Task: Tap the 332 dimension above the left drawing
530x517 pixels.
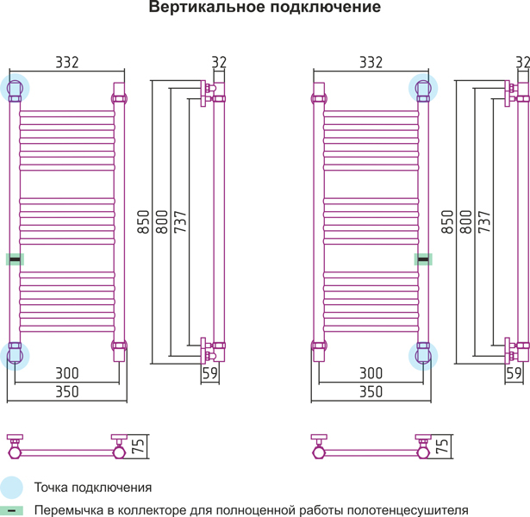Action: tap(67, 62)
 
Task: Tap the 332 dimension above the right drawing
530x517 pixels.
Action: tap(371, 62)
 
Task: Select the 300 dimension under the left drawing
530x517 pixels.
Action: tap(66, 373)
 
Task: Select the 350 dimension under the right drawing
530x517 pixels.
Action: tap(371, 392)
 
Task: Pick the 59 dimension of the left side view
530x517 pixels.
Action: tap(209, 373)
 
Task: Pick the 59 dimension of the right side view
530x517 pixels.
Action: tap(514, 373)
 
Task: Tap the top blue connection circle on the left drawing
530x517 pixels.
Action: tap(16, 87)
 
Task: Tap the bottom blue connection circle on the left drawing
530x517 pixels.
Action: tap(16, 355)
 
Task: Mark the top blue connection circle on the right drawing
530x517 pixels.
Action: tap(423, 87)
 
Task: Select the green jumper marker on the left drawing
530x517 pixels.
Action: tap(15, 258)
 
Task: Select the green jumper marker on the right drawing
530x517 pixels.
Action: tap(423, 258)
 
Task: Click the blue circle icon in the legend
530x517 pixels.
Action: tap(12, 488)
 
